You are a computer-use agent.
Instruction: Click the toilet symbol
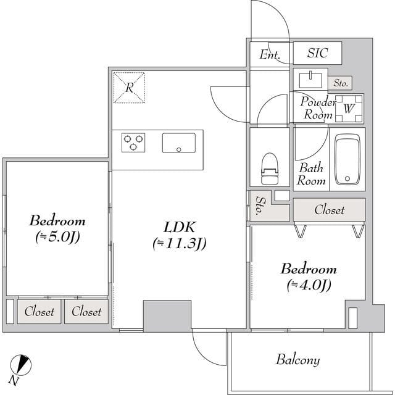(x=270, y=168)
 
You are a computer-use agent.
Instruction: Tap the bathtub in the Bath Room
(x=347, y=159)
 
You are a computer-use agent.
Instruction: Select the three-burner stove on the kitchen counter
(x=133, y=143)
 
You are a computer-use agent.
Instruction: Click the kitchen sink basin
(x=178, y=143)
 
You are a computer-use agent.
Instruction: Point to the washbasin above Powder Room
(x=310, y=80)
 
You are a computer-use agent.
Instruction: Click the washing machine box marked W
(x=349, y=109)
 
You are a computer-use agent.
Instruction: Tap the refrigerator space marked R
(x=129, y=88)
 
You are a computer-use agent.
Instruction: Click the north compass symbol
(x=20, y=365)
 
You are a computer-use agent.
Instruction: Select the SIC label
(x=317, y=53)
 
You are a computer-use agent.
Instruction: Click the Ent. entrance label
(x=270, y=54)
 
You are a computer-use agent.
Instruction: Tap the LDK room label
(x=179, y=227)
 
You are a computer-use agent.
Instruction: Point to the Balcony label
(x=298, y=360)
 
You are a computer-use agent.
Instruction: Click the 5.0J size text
(x=58, y=237)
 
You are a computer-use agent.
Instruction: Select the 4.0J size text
(x=309, y=285)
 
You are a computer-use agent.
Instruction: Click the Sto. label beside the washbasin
(x=341, y=83)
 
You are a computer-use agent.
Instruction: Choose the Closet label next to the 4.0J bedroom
(x=329, y=210)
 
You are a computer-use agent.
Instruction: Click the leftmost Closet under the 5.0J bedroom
(x=39, y=312)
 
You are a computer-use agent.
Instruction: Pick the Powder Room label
(x=318, y=109)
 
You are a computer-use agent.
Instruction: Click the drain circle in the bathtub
(x=347, y=178)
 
